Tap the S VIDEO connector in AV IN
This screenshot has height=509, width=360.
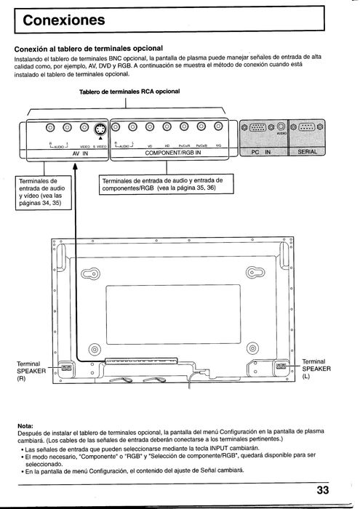click(x=101, y=130)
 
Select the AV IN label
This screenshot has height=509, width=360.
click(x=79, y=154)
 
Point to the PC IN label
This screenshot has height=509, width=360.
click(x=260, y=154)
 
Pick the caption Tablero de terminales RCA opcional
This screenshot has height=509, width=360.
click(x=129, y=92)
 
